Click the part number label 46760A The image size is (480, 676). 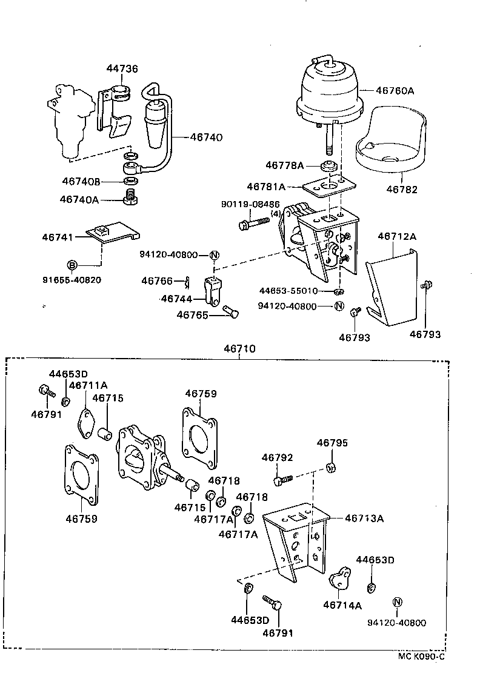coord(395,90)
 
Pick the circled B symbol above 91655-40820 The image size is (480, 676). coord(72,265)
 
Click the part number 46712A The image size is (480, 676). coord(398,236)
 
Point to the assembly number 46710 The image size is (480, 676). coord(239,349)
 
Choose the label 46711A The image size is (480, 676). coord(88,385)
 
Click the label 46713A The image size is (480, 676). coord(364,518)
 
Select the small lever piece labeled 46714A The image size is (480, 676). coord(341,578)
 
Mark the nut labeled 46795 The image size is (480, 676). coord(332,467)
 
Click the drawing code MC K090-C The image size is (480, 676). coord(421,655)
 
